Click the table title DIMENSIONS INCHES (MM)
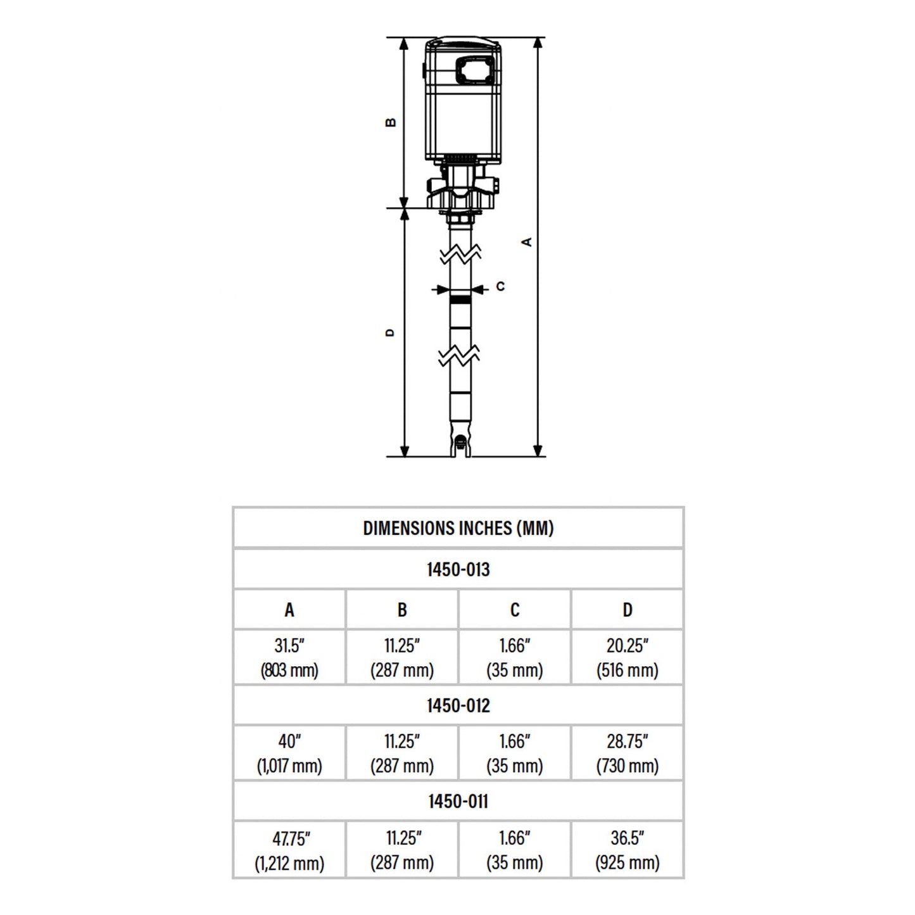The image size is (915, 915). click(458, 528)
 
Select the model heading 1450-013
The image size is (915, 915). click(458, 569)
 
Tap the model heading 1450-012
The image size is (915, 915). click(458, 705)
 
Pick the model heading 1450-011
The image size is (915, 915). click(458, 801)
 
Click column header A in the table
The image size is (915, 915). click(289, 610)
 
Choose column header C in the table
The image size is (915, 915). click(514, 610)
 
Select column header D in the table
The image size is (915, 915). click(627, 610)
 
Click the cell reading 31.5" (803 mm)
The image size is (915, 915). click(289, 657)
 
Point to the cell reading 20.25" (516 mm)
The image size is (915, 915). click(627, 657)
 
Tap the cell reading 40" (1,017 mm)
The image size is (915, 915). click(289, 753)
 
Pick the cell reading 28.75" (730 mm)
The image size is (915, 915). click(627, 753)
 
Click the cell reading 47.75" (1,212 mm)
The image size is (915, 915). click(289, 850)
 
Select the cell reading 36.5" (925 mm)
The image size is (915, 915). click(627, 850)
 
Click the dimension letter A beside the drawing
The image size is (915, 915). click(527, 242)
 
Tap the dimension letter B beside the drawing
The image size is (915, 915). click(391, 122)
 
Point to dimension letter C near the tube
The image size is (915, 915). click(500, 287)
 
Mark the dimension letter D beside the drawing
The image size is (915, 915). click(390, 332)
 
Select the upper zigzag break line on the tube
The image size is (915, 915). click(460, 255)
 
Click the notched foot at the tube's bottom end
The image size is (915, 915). click(460, 444)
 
